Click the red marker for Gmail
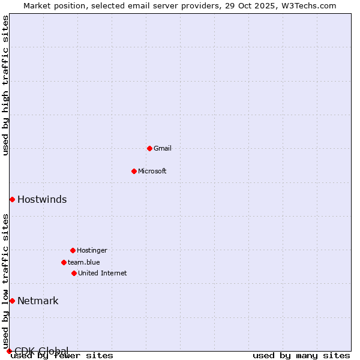coord(149,148)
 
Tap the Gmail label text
coord(163,148)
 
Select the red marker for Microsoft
coord(134,171)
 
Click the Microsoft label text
coord(152,171)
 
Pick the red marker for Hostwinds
coord(12,199)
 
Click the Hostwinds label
coord(42,200)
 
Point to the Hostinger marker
coord(73,250)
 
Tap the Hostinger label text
coord(92,250)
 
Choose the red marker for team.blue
coord(64,262)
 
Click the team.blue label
coord(83,262)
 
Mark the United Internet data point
coord(74,273)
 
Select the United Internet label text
coord(102,273)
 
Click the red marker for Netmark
coord(12,301)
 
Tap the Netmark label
coord(38,301)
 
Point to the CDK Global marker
coord(9,351)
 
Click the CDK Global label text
coord(41,350)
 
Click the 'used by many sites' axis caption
coord(301,356)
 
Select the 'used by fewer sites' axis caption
coord(62,356)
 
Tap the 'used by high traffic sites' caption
coord(5,85)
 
